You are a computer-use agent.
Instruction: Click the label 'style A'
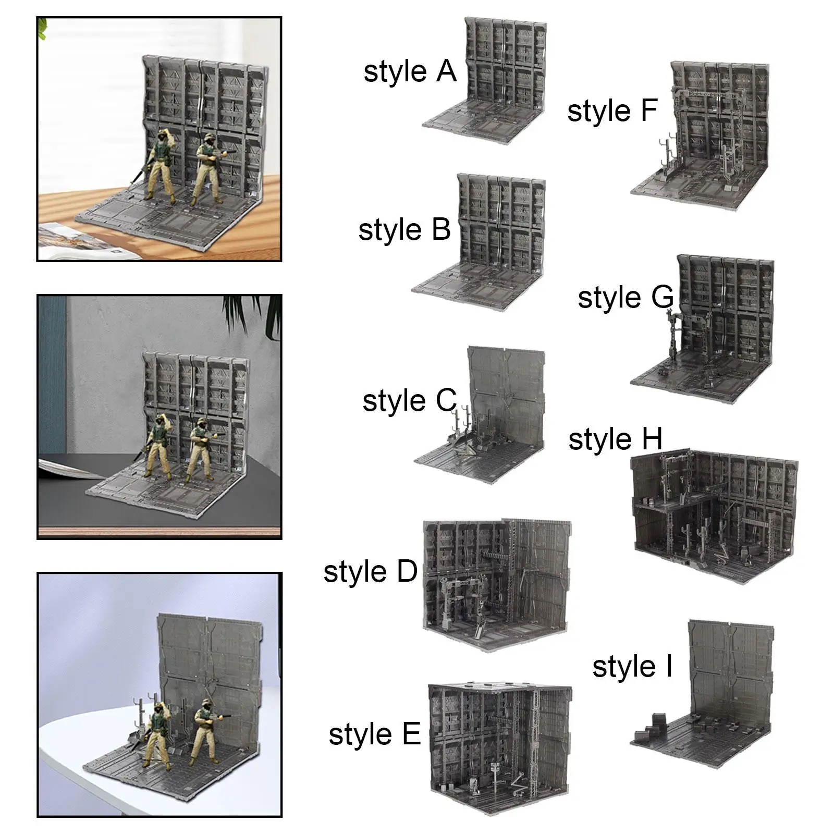(410, 72)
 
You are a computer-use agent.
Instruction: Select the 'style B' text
(404, 230)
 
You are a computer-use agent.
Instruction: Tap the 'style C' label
(410, 401)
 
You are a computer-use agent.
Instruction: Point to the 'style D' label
(371, 572)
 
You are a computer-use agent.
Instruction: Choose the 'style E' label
(375, 734)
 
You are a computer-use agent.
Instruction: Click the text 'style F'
(612, 112)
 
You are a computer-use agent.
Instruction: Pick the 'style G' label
(626, 298)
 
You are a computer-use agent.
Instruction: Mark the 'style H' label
(615, 439)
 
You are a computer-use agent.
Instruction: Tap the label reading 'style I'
(632, 667)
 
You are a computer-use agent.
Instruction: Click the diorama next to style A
(485, 81)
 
